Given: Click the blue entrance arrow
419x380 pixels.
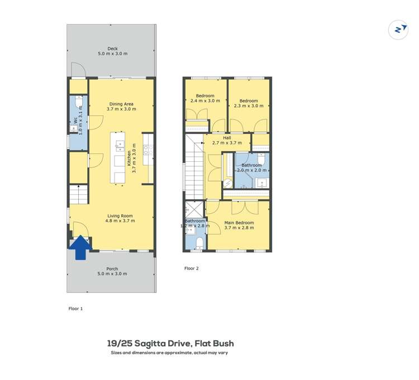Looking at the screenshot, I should point(80,247).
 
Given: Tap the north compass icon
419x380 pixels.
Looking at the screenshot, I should point(398,30).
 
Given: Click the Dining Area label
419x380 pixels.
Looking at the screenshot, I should point(122,107).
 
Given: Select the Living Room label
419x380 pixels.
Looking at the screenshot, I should point(121,218).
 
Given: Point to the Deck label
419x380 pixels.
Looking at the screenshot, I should point(112,51).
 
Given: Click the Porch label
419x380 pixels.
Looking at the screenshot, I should point(112,271).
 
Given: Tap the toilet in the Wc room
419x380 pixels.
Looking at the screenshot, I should point(78,104).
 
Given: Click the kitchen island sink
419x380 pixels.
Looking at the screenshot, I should point(120,146).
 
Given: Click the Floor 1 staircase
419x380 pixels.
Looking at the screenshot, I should point(78,194).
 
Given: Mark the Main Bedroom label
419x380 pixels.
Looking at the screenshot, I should point(239,225).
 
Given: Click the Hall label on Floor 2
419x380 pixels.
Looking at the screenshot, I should point(227,140).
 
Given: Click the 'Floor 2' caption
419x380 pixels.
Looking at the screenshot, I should point(192,268).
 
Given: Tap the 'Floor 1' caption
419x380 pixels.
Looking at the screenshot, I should point(75,308).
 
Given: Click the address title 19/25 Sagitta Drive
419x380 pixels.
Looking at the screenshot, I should point(170,344).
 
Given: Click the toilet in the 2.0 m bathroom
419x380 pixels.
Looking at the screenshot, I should point(261,158).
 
